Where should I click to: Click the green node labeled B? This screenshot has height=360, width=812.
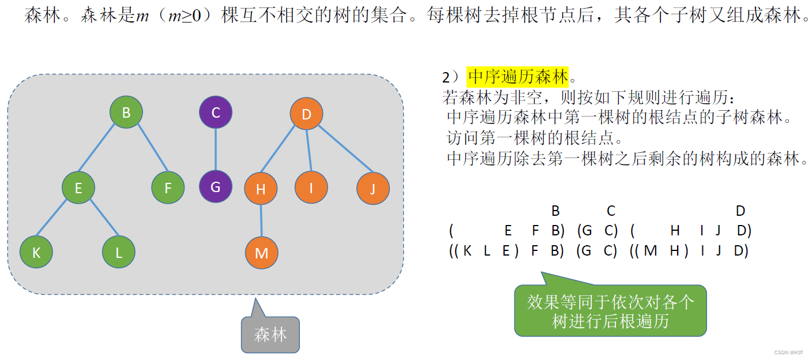tap(126, 112)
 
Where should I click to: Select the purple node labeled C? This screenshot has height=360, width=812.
tap(216, 112)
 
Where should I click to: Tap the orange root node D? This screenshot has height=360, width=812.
tap(306, 114)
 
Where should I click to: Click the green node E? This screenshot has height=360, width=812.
tap(78, 187)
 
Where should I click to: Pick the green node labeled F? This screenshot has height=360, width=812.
tap(168, 187)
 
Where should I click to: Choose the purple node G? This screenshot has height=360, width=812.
tap(216, 187)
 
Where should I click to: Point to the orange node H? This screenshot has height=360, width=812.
tap(261, 189)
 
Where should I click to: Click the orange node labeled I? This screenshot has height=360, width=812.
tap(311, 187)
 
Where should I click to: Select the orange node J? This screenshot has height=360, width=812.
tap(373, 189)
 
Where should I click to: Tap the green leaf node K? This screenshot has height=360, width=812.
tap(36, 252)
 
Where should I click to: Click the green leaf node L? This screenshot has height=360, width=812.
tap(119, 252)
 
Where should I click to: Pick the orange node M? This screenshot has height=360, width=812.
tap(262, 253)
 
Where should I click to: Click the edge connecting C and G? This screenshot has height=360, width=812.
tap(216, 150)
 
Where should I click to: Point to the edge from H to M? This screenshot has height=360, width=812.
tap(261, 220)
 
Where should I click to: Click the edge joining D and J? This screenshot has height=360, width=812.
tap(341, 152)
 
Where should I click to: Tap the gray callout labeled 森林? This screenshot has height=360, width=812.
tap(270, 334)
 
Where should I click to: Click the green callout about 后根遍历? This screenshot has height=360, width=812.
tap(610, 310)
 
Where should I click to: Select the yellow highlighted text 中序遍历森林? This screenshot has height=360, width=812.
tap(518, 76)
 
